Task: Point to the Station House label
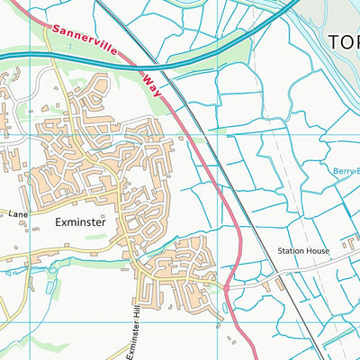click(x=304, y=251)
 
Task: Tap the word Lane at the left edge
click(x=19, y=215)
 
